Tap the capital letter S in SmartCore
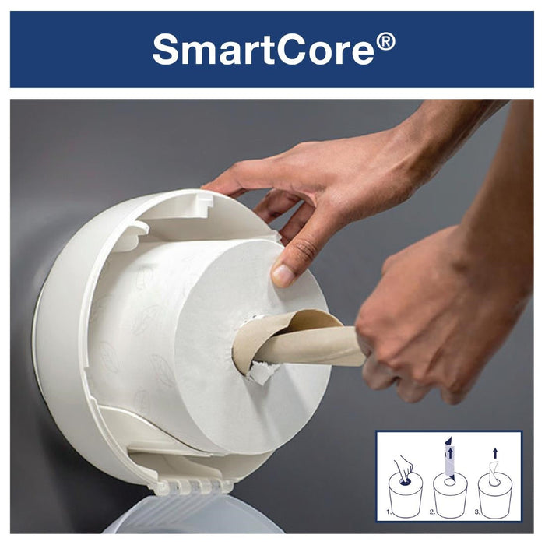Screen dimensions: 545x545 click(x=167, y=49)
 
